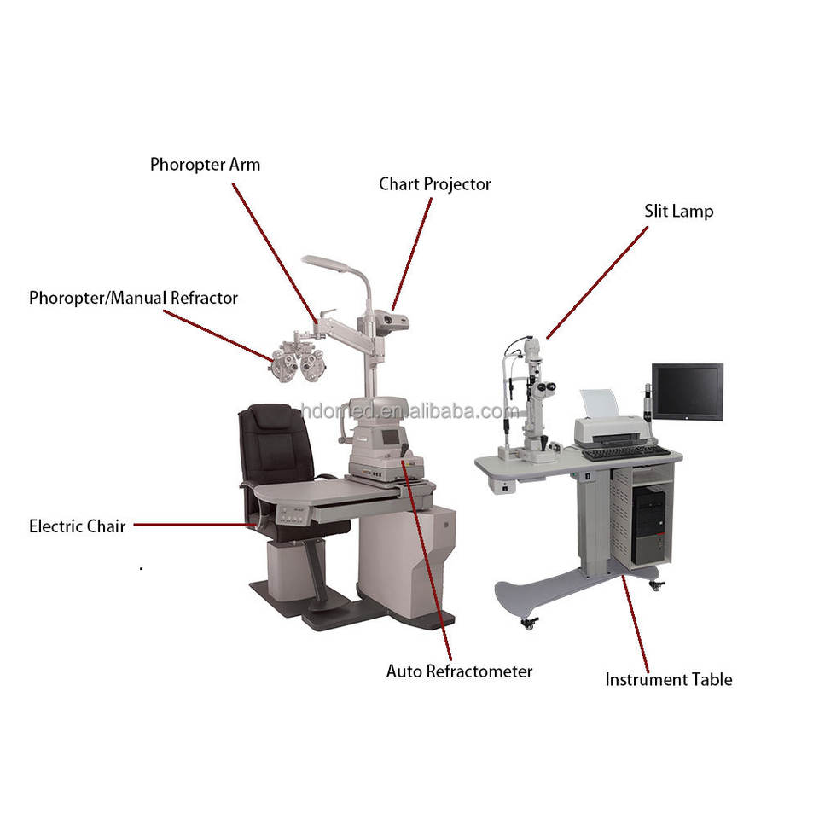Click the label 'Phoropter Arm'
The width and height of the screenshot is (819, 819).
[x=205, y=165]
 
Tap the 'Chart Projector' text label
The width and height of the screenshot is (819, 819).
[x=434, y=184]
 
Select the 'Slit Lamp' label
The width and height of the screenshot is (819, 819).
[x=678, y=211]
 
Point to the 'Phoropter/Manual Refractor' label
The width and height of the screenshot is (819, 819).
[x=133, y=298]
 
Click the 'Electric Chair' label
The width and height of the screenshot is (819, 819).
[x=78, y=526]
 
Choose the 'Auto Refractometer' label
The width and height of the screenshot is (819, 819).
[x=459, y=671]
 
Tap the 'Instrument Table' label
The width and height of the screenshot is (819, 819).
[x=669, y=680]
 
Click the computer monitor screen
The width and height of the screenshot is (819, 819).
[x=688, y=392]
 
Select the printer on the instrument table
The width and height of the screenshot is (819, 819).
[x=609, y=422]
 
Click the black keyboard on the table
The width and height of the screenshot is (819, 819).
[x=625, y=452]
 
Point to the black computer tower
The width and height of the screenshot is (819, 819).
[x=649, y=524]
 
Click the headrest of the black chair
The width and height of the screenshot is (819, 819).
[x=270, y=417]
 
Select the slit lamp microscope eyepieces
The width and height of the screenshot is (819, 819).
[x=547, y=387]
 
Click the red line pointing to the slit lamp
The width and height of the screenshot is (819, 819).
[x=597, y=282]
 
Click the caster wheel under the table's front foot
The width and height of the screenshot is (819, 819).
[x=530, y=623]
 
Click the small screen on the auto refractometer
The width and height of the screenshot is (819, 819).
[x=389, y=437]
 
